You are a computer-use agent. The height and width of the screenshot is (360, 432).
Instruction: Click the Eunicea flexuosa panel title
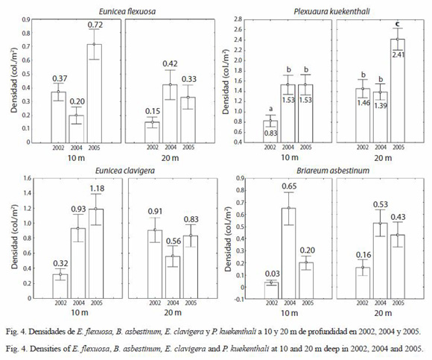pyautogui.click(x=127, y=11)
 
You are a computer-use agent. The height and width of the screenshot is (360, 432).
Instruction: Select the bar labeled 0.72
pyautogui.click(x=95, y=93)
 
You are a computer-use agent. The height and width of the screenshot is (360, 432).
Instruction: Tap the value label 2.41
pyautogui.click(x=398, y=54)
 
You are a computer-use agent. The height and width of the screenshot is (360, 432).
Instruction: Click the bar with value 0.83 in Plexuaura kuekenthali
pyautogui.click(x=270, y=131)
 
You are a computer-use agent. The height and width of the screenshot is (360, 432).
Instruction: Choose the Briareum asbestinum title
pyautogui.click(x=333, y=171)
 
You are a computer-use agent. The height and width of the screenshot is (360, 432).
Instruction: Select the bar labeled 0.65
pyautogui.click(x=289, y=253)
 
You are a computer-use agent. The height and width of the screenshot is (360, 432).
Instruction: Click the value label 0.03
pyautogui.click(x=272, y=274)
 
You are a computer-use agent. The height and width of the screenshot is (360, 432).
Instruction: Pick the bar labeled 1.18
pyautogui.click(x=96, y=253)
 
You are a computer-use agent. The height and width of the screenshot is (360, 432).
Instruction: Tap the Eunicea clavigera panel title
pyautogui.click(x=125, y=171)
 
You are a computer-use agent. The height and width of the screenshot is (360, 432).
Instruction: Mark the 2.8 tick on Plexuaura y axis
pyautogui.click(x=238, y=19)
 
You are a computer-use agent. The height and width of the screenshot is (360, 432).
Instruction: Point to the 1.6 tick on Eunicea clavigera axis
pyautogui.click(x=28, y=178)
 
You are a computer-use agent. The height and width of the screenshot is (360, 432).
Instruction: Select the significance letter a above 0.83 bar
pyautogui.click(x=270, y=109)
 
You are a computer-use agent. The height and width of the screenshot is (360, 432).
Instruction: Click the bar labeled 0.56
pyautogui.click(x=173, y=277)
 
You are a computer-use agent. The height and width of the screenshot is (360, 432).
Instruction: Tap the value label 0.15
pyautogui.click(x=153, y=111)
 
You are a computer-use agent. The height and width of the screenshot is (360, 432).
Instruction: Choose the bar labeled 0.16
pyautogui.click(x=363, y=283)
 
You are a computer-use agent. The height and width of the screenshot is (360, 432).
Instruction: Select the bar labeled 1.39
pyautogui.click(x=380, y=117)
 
